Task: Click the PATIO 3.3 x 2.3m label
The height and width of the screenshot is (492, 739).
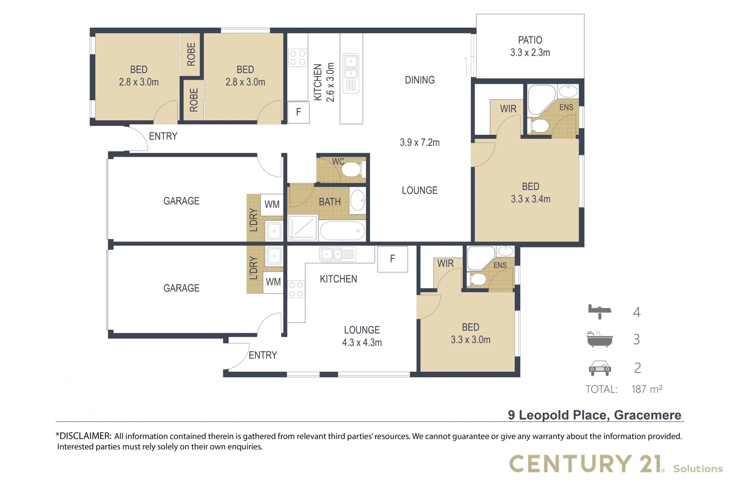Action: click(530, 46)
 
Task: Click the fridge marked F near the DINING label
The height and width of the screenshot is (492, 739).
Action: click(299, 112)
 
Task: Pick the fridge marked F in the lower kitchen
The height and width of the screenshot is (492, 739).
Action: click(393, 259)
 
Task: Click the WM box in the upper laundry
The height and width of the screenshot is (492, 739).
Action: click(272, 205)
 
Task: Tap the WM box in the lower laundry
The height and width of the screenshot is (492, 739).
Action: click(273, 282)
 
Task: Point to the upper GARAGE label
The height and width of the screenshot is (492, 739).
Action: click(181, 201)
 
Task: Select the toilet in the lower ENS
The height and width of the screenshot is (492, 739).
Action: click(477, 279)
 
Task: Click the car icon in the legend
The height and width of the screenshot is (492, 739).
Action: click(599, 368)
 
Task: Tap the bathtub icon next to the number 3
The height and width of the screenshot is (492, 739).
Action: click(599, 339)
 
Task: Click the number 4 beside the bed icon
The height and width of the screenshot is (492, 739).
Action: click(637, 312)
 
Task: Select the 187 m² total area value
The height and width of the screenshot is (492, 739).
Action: click(646, 389)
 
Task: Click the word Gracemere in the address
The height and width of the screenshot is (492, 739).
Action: click(647, 415)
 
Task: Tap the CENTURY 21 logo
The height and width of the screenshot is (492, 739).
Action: click(586, 464)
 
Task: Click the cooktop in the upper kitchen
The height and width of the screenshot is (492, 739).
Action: click(297, 58)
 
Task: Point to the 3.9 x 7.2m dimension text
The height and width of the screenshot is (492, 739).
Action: click(419, 143)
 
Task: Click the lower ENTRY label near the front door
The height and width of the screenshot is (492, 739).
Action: click(263, 355)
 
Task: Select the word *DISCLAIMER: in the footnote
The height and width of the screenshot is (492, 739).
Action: click(83, 436)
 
